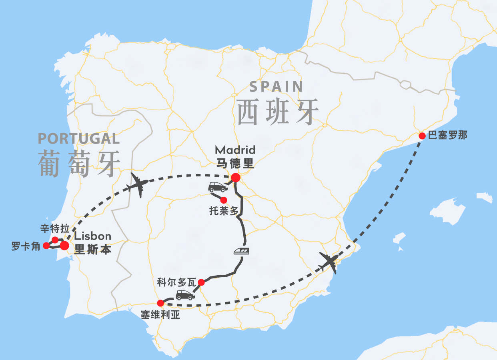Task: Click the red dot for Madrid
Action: (236, 178)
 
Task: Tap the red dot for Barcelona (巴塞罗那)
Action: (422, 136)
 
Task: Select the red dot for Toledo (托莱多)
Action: (224, 200)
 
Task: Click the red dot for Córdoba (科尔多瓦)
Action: (201, 282)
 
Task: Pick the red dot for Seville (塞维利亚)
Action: (160, 303)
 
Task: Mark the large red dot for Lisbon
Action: (64, 245)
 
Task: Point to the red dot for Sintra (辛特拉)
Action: (55, 239)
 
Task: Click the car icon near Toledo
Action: (218, 187)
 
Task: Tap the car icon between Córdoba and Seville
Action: (185, 296)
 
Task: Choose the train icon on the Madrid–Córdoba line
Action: (242, 251)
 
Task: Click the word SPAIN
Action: (276, 87)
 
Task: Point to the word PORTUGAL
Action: (79, 139)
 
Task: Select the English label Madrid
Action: (235, 150)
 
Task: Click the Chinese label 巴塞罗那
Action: (447, 136)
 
